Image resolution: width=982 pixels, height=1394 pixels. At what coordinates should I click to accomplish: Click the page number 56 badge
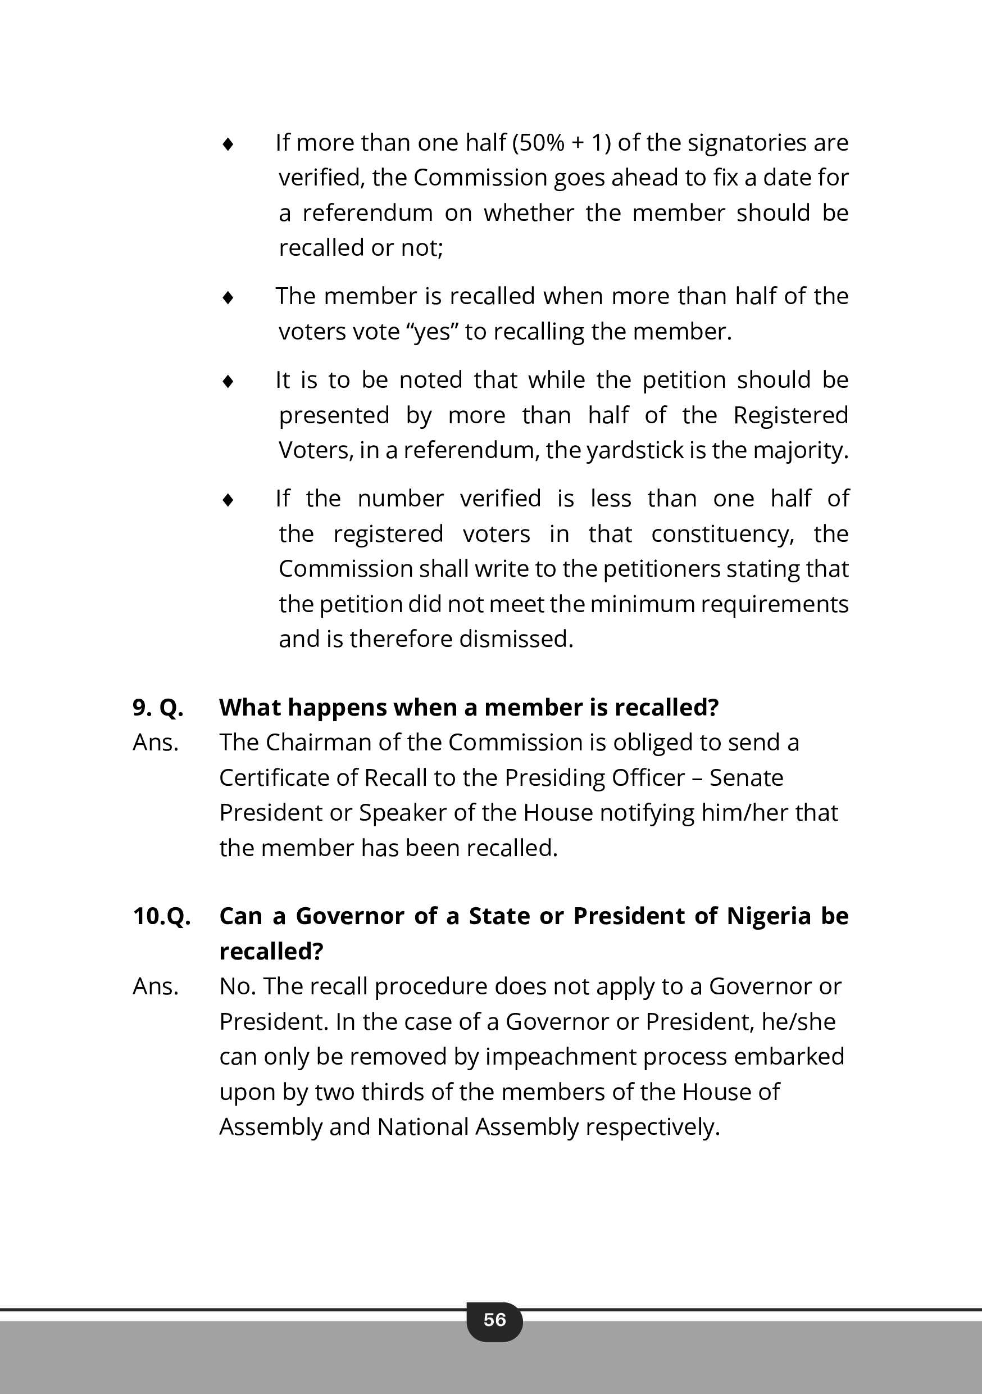coord(494,1319)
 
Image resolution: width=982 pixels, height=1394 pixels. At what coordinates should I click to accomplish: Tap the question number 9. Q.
coord(158,707)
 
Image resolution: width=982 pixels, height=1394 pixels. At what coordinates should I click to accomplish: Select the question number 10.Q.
coord(161,916)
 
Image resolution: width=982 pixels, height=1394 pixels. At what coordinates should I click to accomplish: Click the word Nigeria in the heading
coord(769,916)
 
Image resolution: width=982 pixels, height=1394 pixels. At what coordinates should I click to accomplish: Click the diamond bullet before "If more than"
coord(228,144)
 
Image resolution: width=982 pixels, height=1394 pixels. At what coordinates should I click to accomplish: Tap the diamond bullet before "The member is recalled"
coord(228,297)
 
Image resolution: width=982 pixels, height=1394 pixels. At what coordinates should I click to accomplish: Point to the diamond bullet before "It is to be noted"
coord(228,381)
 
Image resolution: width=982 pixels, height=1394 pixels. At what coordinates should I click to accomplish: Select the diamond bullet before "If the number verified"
coord(228,500)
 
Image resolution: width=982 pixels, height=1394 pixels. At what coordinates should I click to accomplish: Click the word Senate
coord(746,778)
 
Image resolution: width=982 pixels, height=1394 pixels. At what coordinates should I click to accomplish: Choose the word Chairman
coord(319,743)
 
